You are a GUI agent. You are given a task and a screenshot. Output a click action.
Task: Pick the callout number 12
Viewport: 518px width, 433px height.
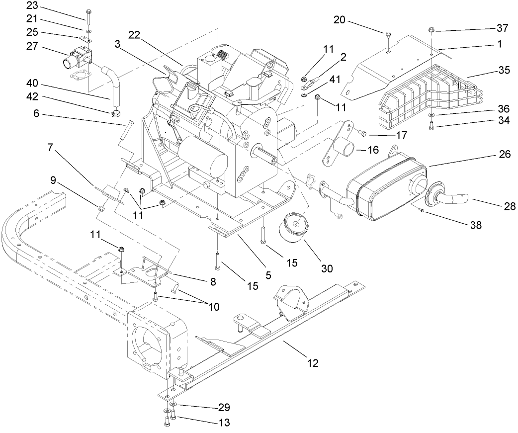pos(313,363)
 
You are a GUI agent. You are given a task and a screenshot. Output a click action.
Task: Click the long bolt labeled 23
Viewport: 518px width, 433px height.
pos(88,18)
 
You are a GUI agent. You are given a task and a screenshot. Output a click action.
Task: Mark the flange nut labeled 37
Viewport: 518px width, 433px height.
pos(431,29)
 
